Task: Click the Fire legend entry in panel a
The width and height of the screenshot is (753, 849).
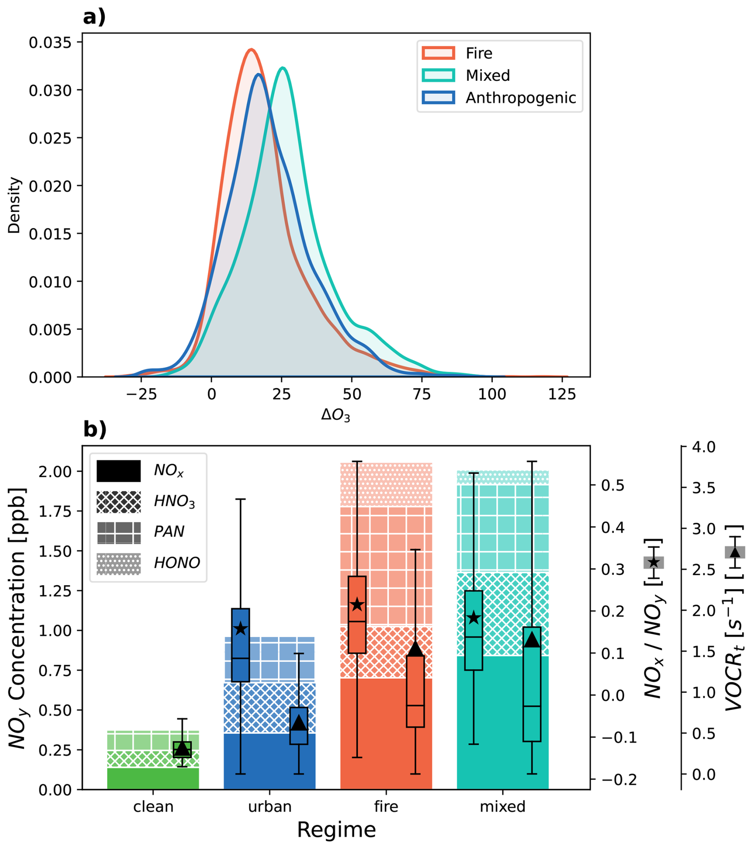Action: tap(479, 53)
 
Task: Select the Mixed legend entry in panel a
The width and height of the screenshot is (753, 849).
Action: tap(487, 76)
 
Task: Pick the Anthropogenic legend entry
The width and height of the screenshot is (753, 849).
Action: tap(520, 98)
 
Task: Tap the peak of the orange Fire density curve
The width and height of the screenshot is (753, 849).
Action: tap(251, 49)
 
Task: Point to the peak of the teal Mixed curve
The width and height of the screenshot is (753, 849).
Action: tap(283, 68)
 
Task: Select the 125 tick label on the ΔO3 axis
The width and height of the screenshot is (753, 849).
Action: tap(562, 394)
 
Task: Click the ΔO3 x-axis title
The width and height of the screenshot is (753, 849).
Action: tap(336, 415)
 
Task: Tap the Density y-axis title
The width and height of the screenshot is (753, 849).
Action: tap(15, 205)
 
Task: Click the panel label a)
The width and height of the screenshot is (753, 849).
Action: tap(94, 18)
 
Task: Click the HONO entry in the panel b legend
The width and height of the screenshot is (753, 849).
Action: tap(177, 563)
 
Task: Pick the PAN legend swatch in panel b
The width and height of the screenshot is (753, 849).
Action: tap(119, 532)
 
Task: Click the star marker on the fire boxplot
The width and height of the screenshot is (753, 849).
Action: tap(357, 605)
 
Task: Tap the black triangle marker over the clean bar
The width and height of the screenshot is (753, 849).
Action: tap(182, 748)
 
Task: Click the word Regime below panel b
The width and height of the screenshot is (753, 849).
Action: tap(336, 830)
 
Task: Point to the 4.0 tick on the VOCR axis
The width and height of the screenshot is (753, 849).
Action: tap(704, 447)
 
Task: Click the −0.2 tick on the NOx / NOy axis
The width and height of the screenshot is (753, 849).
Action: tap(619, 780)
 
